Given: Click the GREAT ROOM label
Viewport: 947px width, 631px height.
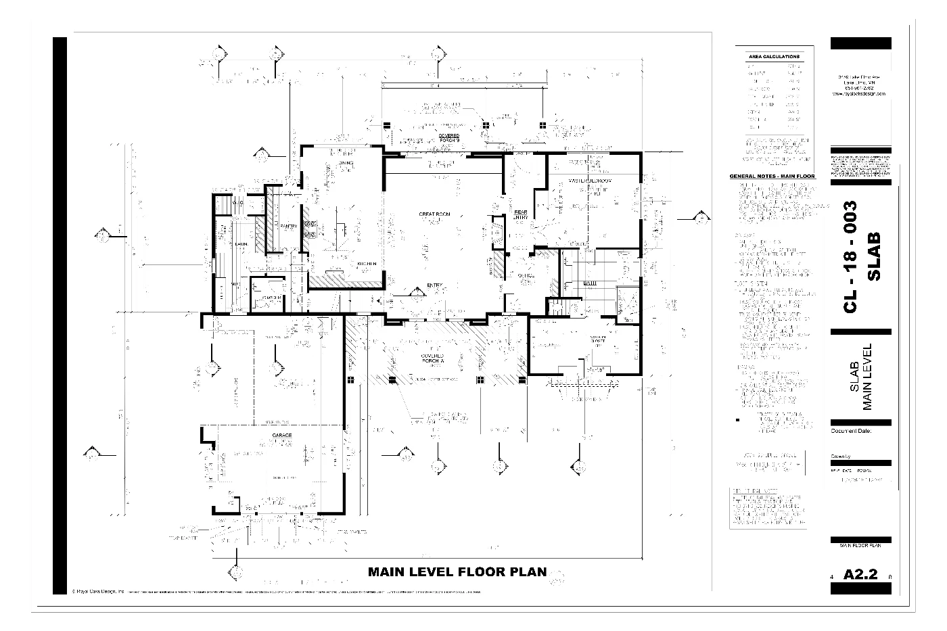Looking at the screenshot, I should pyautogui.click(x=434, y=214).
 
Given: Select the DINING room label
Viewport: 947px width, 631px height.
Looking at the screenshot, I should pyautogui.click(x=346, y=164).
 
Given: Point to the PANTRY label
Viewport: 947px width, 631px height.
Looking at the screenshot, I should pyautogui.click(x=290, y=226).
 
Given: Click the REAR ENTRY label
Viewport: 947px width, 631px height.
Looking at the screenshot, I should pyautogui.click(x=520, y=214).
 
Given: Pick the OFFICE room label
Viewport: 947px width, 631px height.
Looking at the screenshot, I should pyautogui.click(x=526, y=275).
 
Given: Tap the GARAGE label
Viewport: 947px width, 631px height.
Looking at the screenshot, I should pyautogui.click(x=282, y=435).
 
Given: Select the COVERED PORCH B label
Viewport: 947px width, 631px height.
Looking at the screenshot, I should pyautogui.click(x=448, y=138).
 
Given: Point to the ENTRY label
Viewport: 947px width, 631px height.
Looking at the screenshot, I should pyautogui.click(x=434, y=285).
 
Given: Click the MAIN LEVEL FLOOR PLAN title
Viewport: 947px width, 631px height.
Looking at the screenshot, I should pyautogui.click(x=457, y=571).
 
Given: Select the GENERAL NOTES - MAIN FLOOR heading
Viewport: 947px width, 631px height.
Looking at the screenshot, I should pyautogui.click(x=772, y=177).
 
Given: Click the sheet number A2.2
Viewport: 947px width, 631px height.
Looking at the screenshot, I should pyautogui.click(x=860, y=575).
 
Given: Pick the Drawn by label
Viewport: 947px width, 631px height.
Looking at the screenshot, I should pyautogui.click(x=840, y=457).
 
